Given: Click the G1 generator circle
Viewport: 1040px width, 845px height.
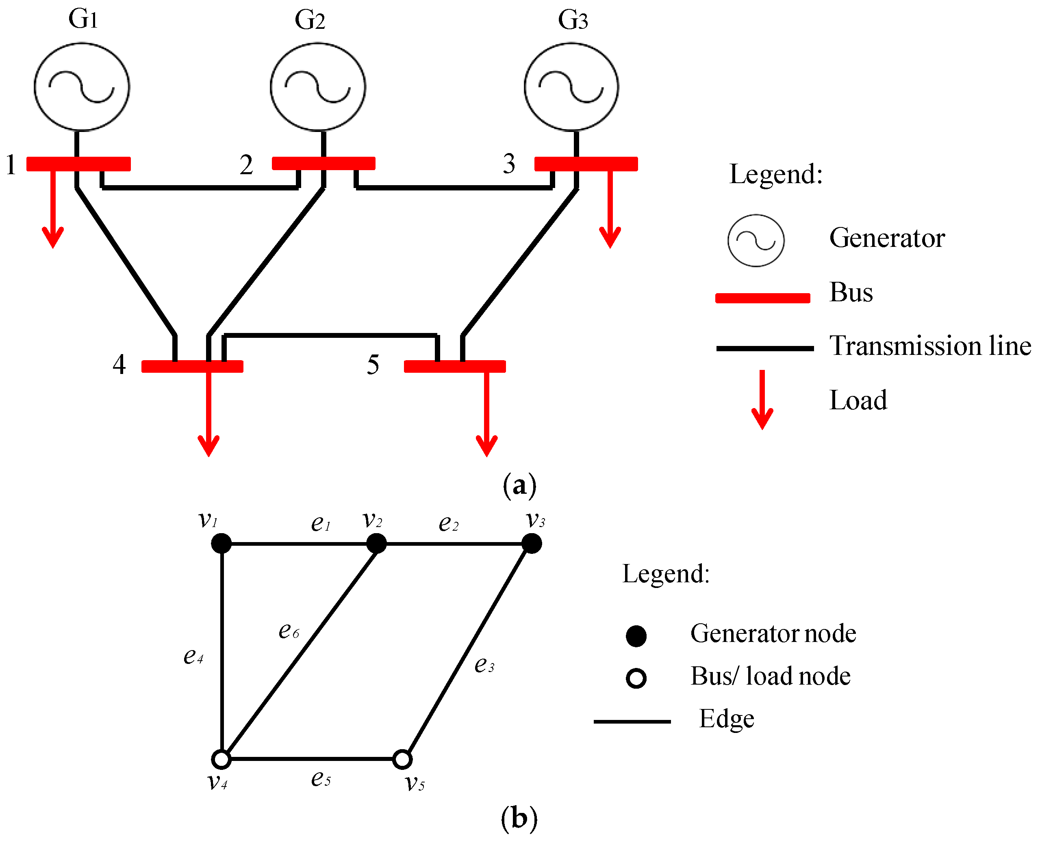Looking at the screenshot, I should [x=82, y=86].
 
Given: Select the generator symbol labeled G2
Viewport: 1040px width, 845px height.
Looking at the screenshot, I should [x=317, y=86].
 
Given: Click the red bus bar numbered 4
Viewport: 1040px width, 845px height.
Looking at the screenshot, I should [x=192, y=366].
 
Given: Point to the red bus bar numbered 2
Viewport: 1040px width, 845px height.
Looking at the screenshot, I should [x=324, y=164].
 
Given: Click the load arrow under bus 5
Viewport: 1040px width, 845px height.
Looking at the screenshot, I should [x=486, y=414].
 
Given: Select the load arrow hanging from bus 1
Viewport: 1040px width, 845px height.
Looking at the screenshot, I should [x=52, y=209].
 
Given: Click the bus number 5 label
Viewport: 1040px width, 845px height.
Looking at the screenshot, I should [x=373, y=365].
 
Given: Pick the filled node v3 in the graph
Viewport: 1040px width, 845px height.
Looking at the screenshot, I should [x=532, y=543].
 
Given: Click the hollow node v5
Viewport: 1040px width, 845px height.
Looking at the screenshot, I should [x=402, y=759].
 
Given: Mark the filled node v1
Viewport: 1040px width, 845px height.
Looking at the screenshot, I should [x=221, y=543].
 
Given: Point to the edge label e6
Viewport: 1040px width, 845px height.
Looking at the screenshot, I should [x=289, y=631].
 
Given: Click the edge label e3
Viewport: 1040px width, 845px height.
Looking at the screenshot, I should [x=484, y=664].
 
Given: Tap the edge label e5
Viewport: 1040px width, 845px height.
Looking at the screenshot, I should [x=321, y=779].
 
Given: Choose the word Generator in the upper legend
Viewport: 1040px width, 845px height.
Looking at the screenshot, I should [x=886, y=238].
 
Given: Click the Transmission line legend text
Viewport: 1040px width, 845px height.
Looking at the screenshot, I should [x=930, y=346].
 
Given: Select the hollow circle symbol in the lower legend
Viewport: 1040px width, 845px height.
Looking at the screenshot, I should [x=636, y=678].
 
